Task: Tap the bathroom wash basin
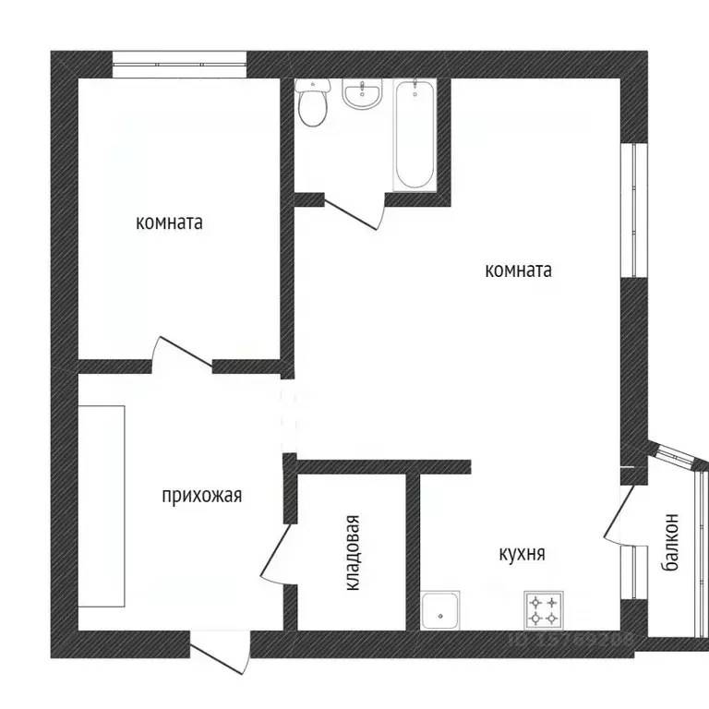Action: [362, 95]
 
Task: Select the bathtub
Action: [414, 136]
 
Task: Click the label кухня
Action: [522, 554]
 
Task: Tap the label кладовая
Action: [354, 552]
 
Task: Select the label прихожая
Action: [201, 496]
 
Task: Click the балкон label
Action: [671, 545]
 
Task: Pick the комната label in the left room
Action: [169, 222]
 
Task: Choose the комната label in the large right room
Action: [518, 270]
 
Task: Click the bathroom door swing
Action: [355, 213]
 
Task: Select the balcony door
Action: [617, 513]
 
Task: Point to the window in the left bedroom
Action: [179, 65]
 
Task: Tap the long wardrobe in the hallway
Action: [101, 505]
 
